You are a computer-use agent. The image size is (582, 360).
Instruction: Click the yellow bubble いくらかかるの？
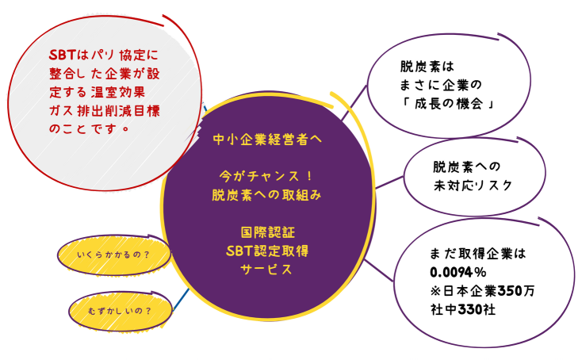click(114, 256)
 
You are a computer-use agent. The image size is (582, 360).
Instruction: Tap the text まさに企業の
click(442, 84)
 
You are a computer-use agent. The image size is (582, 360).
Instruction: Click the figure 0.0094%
click(458, 271)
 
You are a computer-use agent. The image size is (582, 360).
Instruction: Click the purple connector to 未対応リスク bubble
click(389, 183)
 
